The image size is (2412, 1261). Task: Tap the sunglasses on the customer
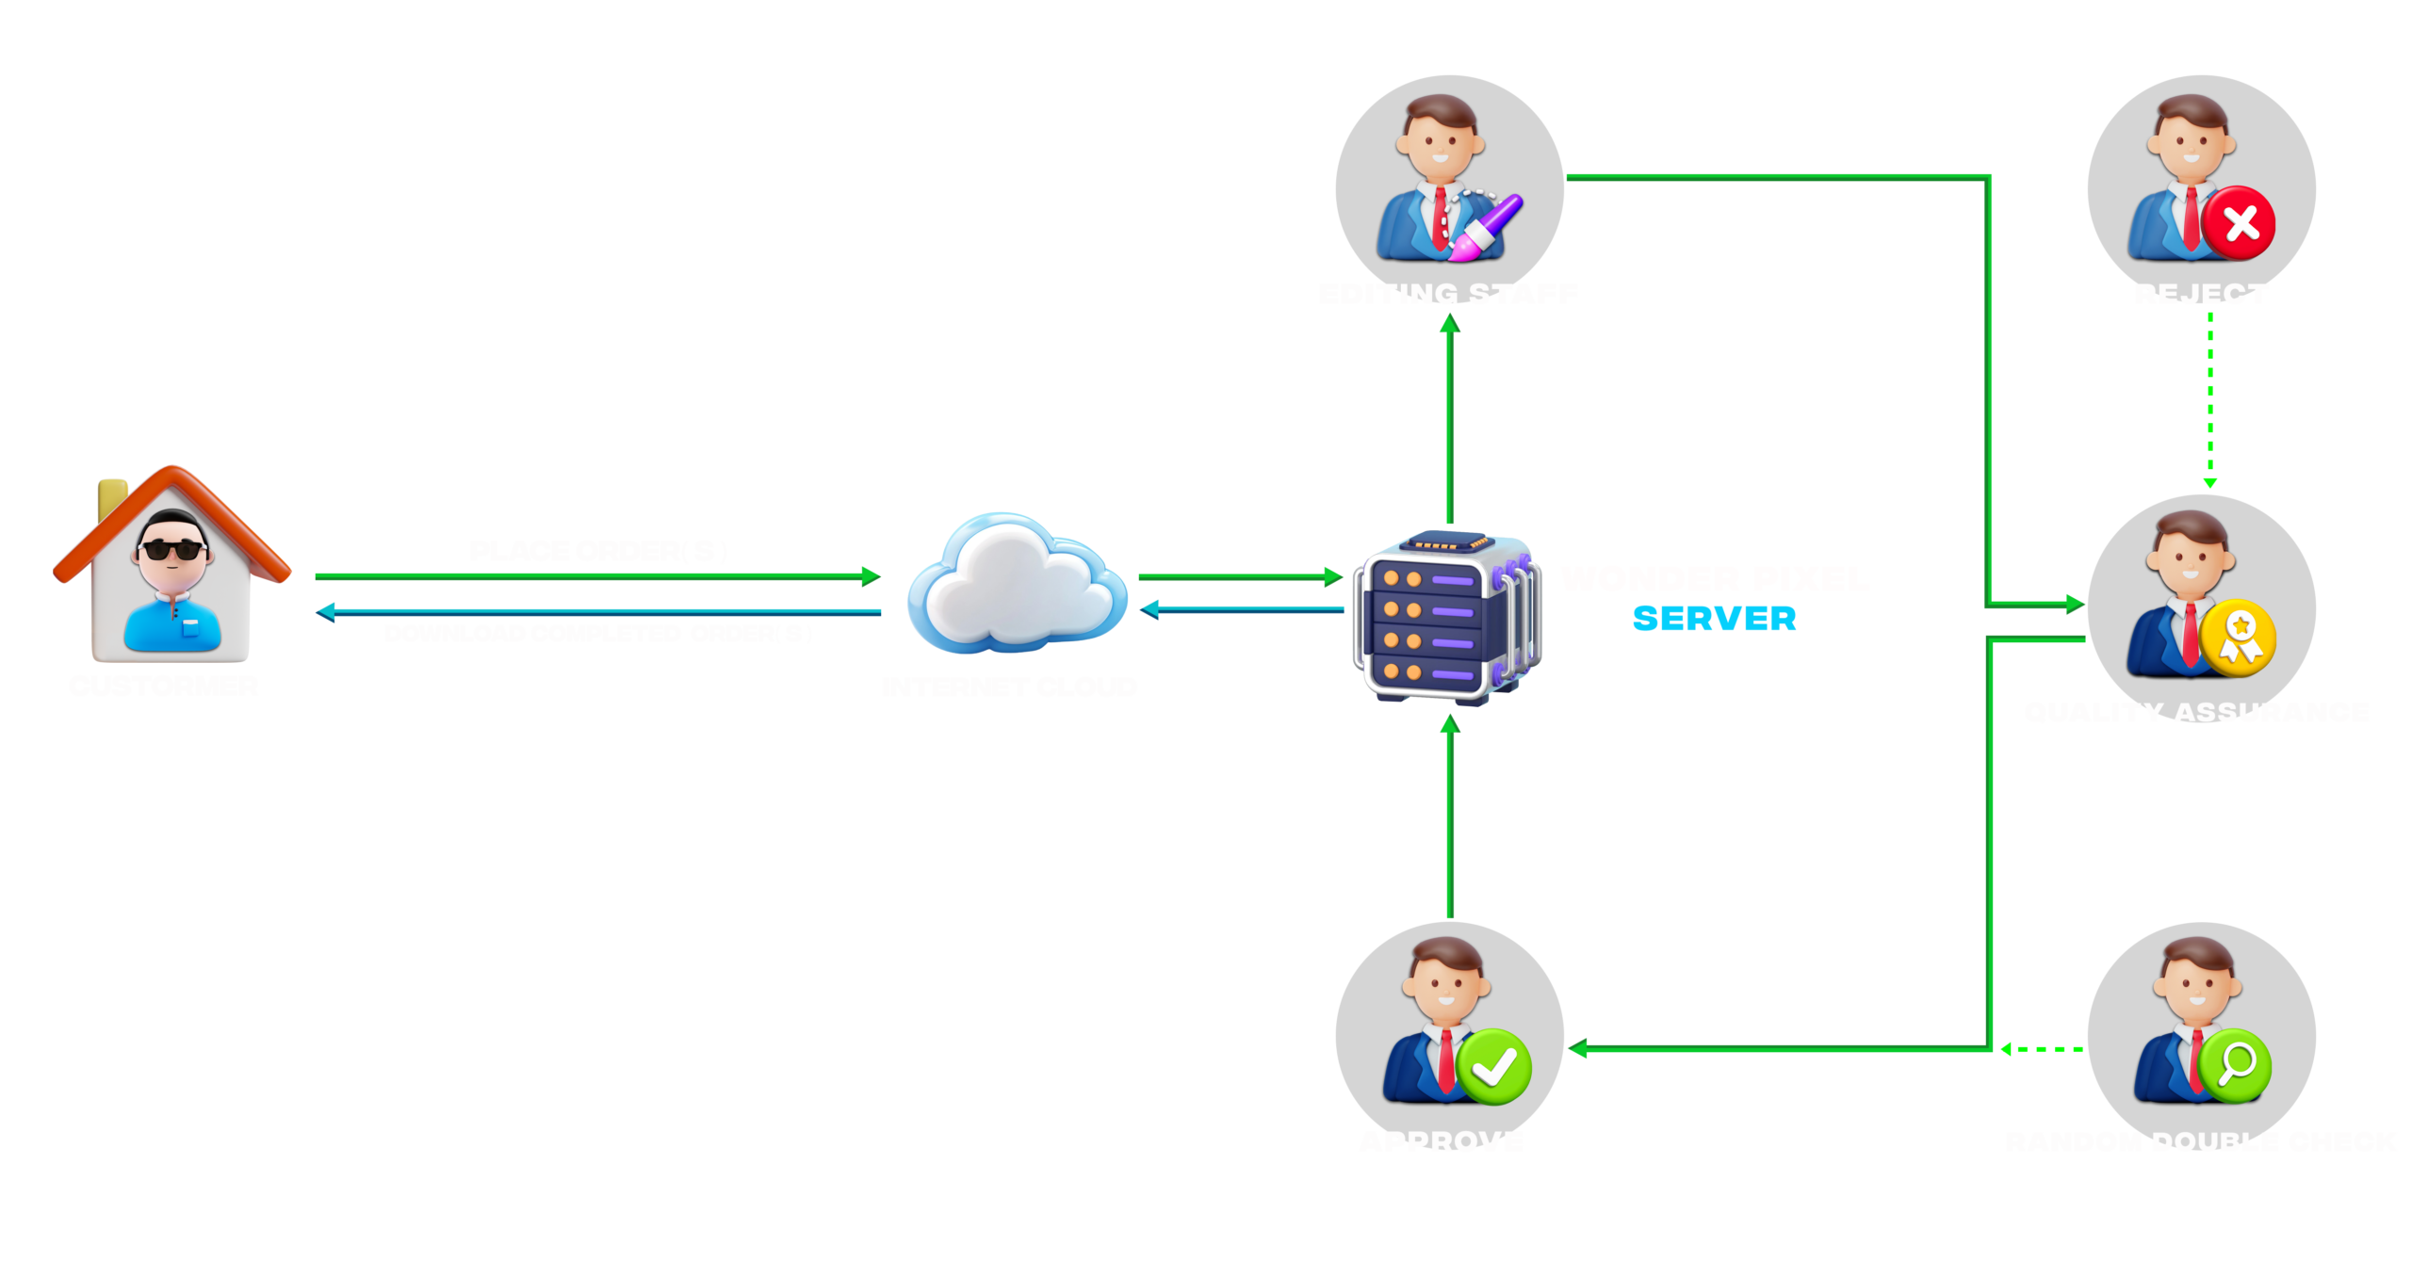coord(172,550)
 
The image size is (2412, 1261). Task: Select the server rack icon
coord(1446,617)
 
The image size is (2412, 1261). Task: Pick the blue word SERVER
coord(1714,619)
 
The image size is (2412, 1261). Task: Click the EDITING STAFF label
coord(1448,294)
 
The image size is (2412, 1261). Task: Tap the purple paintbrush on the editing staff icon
coord(1488,226)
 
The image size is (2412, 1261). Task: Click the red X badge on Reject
coord(2241,223)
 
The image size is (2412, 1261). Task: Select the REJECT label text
coord(2201,294)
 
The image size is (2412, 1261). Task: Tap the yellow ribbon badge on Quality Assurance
coord(2241,637)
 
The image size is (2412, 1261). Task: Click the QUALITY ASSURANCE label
coord(2196,712)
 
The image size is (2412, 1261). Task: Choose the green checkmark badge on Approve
coord(1493,1067)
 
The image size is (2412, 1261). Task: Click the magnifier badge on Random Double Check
coord(2235,1065)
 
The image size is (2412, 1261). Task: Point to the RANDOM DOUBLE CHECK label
coord(2201,1141)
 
